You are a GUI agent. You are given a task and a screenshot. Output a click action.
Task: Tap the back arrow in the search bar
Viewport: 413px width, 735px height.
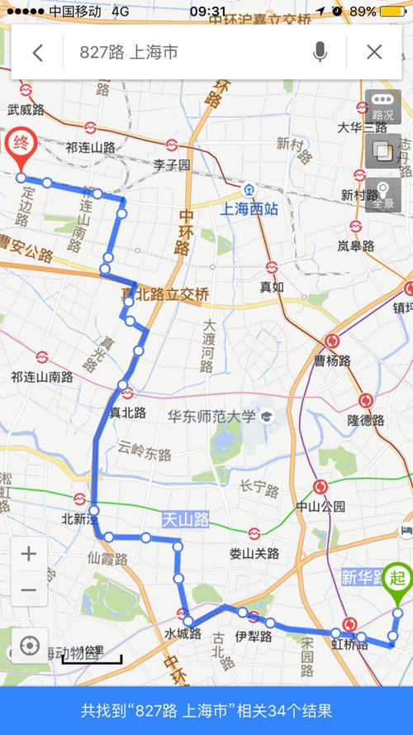pos(37,53)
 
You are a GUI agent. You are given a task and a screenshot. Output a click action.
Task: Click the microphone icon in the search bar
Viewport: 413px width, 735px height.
pos(320,53)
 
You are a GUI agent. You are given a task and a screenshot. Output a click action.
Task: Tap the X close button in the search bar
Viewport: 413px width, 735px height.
pos(374,53)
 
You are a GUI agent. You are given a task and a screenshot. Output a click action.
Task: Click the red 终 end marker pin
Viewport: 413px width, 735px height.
pos(19,146)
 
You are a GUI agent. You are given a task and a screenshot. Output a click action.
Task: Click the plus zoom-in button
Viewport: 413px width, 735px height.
pos(28,553)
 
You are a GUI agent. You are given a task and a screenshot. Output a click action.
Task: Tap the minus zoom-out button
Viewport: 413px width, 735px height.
pos(28,589)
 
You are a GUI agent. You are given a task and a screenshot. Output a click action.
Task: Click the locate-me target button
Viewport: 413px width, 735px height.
pos(29,646)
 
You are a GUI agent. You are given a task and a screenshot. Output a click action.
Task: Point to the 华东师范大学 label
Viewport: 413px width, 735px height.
pos(211,417)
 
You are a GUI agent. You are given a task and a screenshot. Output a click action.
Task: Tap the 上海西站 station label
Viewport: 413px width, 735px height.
pos(249,209)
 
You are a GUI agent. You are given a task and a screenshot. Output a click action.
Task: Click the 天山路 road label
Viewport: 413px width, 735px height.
pos(186,519)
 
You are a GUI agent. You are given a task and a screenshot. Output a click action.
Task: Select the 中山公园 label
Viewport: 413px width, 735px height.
pos(321,506)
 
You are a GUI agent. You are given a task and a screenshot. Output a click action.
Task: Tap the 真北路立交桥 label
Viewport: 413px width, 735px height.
pos(165,294)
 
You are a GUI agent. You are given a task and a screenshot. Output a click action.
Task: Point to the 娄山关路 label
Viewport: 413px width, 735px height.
pos(255,553)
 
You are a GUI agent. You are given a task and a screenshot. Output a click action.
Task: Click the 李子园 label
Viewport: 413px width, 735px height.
pos(171,165)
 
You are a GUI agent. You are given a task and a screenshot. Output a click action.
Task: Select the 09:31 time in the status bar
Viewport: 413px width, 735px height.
pos(207,12)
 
